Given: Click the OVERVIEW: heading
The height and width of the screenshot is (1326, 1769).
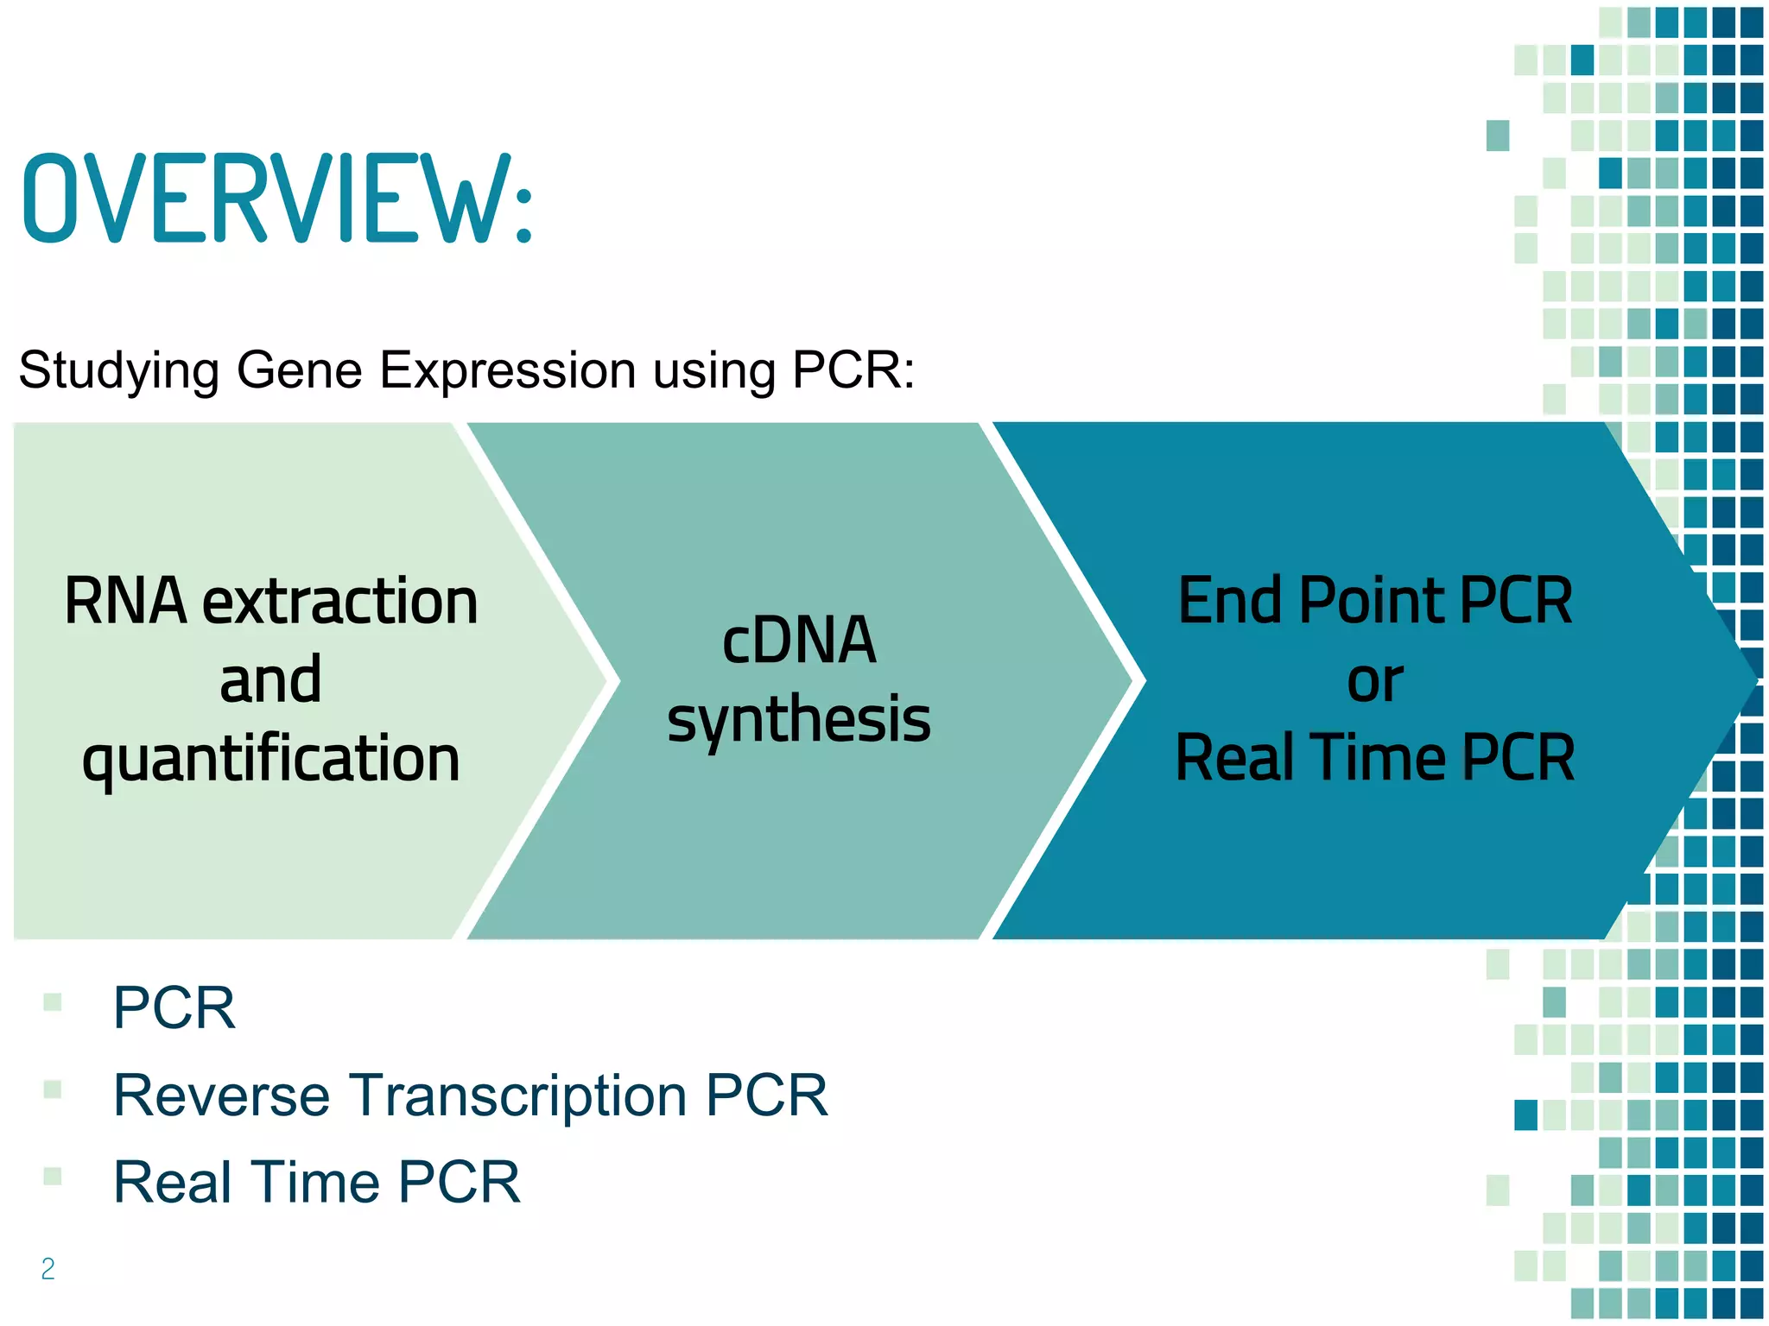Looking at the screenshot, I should [x=276, y=199].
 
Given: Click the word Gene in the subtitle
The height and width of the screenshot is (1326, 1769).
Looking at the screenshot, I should [x=298, y=370].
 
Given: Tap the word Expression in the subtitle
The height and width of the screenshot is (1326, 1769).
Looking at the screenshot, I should [x=507, y=370].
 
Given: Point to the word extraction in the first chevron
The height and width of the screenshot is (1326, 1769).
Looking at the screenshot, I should [x=339, y=602].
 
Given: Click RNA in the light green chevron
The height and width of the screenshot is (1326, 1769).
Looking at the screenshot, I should [x=125, y=602].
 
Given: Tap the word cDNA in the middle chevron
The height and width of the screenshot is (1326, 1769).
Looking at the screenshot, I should [x=799, y=641].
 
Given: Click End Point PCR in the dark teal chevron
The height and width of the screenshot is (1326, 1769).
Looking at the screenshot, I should [x=1375, y=602].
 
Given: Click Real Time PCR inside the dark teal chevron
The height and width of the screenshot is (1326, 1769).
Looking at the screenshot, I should [x=1375, y=758].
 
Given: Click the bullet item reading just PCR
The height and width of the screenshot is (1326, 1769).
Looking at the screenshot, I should [x=174, y=1007].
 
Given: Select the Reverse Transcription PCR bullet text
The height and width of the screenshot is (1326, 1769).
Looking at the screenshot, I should [x=471, y=1095].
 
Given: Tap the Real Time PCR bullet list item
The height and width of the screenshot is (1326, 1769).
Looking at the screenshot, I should [x=317, y=1182].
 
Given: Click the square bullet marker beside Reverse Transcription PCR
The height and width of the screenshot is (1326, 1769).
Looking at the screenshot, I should [x=53, y=1089].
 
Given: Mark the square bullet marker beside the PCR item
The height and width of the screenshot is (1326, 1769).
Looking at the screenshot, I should [x=53, y=1002].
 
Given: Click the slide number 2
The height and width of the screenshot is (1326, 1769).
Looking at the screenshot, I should [x=48, y=1268].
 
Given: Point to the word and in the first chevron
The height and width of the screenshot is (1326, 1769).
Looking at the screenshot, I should [x=270, y=680].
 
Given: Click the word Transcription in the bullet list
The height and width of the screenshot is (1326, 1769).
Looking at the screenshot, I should [x=517, y=1095].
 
